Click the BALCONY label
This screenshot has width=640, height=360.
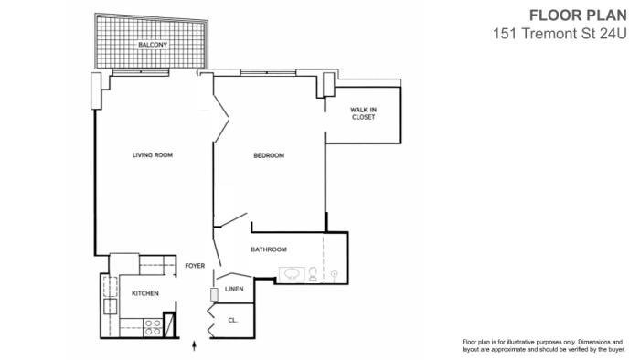153,45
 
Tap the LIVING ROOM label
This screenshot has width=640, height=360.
153,155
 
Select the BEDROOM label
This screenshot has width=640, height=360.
269,155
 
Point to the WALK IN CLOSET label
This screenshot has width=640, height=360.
363,113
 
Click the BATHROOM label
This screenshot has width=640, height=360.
269,249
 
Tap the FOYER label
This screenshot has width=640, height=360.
195,265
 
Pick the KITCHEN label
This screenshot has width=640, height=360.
145,293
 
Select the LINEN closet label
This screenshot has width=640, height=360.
234,289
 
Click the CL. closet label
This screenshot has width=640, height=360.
232,320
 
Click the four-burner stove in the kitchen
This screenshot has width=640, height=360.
153,328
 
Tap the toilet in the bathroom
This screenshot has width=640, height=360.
313,273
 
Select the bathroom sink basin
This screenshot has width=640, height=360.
292,274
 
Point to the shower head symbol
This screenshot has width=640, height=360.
335,274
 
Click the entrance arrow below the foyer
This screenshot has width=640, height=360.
194,346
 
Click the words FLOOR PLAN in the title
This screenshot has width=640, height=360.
578,16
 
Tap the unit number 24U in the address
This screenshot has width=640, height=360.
613,34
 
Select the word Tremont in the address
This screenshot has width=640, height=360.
551,34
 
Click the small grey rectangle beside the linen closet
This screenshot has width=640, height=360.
214,295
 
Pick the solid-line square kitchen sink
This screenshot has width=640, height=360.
111,306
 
